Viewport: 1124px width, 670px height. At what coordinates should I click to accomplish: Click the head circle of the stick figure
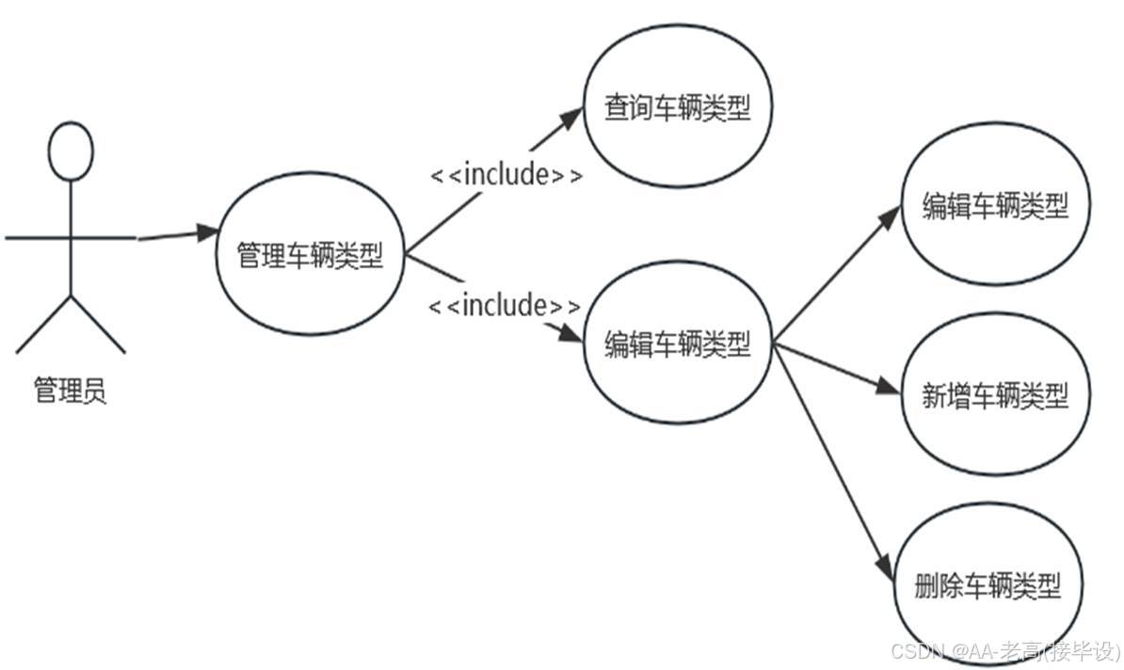pyautogui.click(x=71, y=152)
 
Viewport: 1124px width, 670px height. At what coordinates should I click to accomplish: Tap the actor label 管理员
pyautogui.click(x=71, y=390)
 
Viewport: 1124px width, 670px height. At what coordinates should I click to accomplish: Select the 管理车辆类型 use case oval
pyautogui.click(x=311, y=256)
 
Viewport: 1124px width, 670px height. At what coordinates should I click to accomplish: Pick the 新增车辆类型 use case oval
pyautogui.click(x=996, y=395)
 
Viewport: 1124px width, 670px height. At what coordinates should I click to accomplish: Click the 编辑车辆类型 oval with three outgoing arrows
pyautogui.click(x=677, y=346)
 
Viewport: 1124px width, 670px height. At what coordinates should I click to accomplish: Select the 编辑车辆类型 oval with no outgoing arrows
pyautogui.click(x=996, y=207)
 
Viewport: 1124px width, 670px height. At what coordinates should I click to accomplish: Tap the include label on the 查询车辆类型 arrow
pyautogui.click(x=506, y=175)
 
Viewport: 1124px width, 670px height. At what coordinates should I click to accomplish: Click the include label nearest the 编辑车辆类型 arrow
pyautogui.click(x=505, y=306)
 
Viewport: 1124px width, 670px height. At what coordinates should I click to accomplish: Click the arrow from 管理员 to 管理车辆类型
pyautogui.click(x=174, y=235)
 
